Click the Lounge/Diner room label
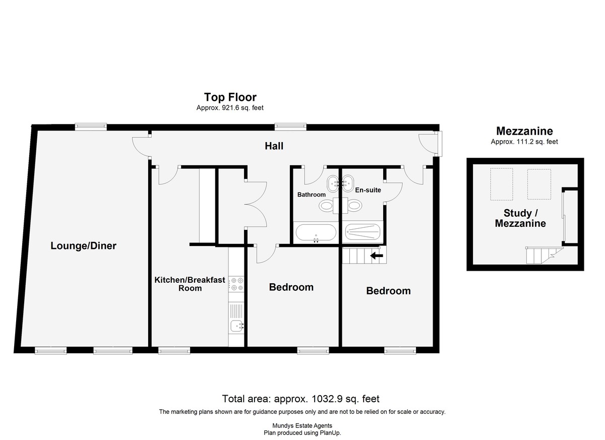(x=84, y=246)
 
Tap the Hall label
(x=274, y=146)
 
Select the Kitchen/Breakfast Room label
(x=190, y=284)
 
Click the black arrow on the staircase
(x=377, y=256)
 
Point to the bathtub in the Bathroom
(x=316, y=232)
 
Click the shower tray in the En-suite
(x=362, y=232)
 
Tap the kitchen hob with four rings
(x=236, y=284)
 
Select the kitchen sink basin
(x=237, y=326)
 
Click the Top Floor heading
(x=230, y=97)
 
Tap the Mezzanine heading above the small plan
(x=524, y=131)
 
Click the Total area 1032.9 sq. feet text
(x=300, y=399)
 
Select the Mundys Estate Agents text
(x=302, y=426)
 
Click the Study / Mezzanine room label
(x=520, y=218)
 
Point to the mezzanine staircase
(x=543, y=255)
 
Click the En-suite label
(x=368, y=190)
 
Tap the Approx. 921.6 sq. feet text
(x=230, y=108)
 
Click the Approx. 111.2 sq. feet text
(x=524, y=142)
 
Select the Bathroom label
(x=312, y=195)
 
